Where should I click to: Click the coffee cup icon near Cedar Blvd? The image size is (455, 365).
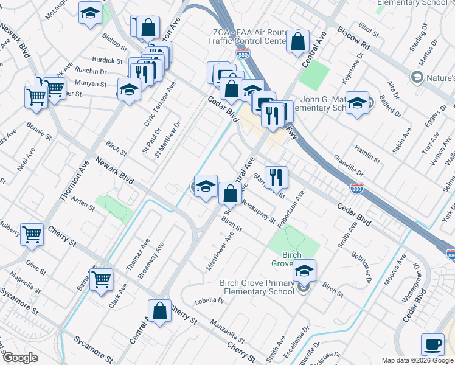point(432,344)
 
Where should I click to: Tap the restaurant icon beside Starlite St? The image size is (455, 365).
point(276,177)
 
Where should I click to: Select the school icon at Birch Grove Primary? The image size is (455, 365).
point(305,270)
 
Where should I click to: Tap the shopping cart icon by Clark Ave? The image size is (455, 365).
point(102,279)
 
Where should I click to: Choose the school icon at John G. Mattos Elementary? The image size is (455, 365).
point(358,103)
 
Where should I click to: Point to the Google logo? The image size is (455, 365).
point(20,358)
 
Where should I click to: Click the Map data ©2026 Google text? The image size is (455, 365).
point(417,360)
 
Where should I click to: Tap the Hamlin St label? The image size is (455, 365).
point(367,152)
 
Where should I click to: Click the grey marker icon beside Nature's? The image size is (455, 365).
point(417,77)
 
